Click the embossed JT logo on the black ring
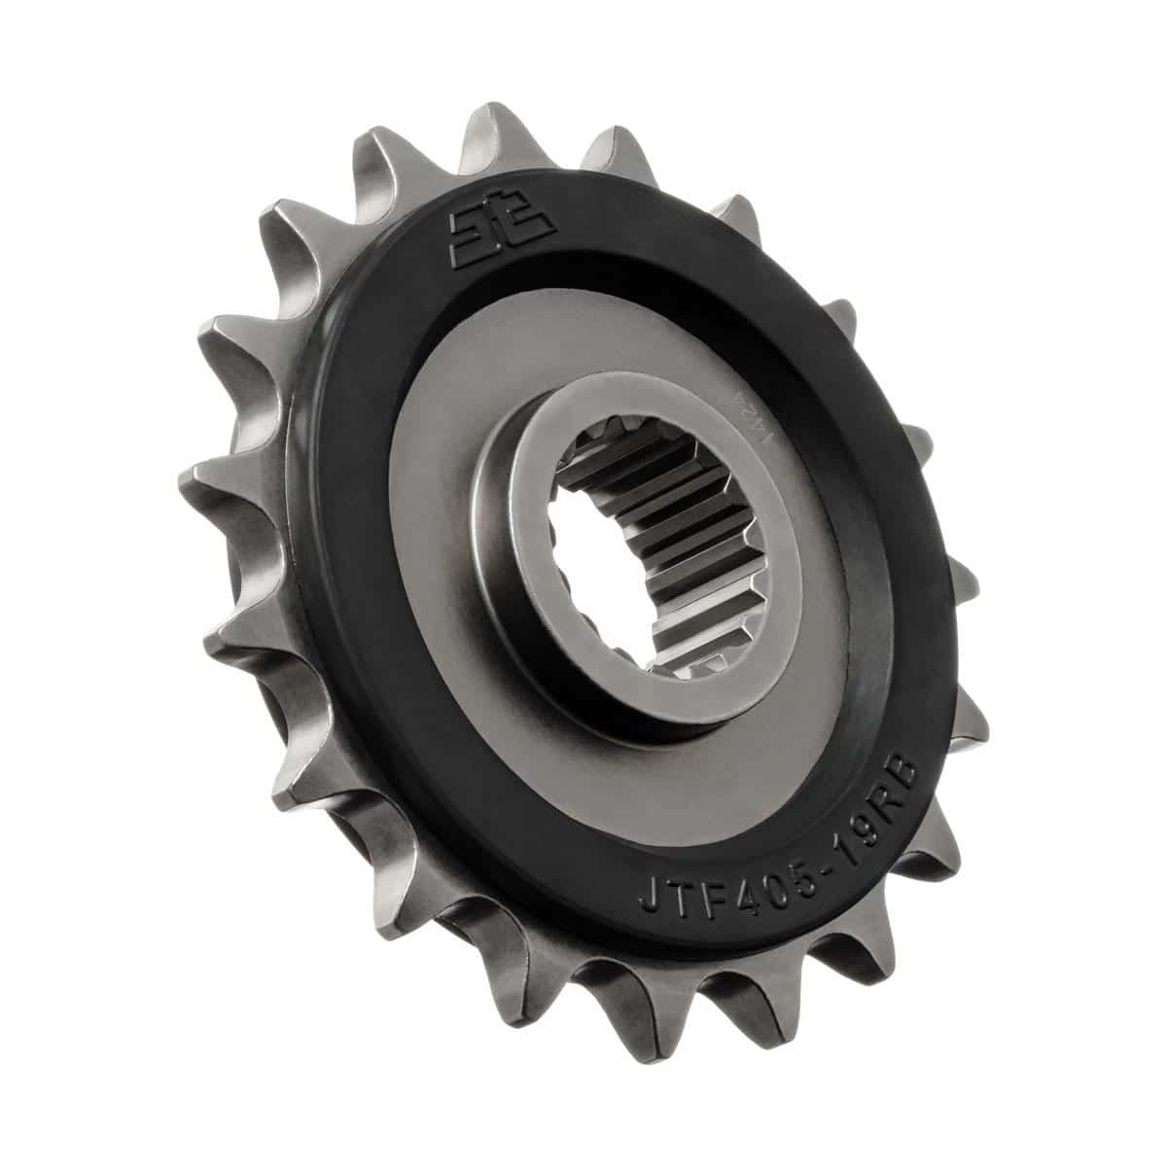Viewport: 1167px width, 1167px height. pyautogui.click(x=502, y=232)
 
